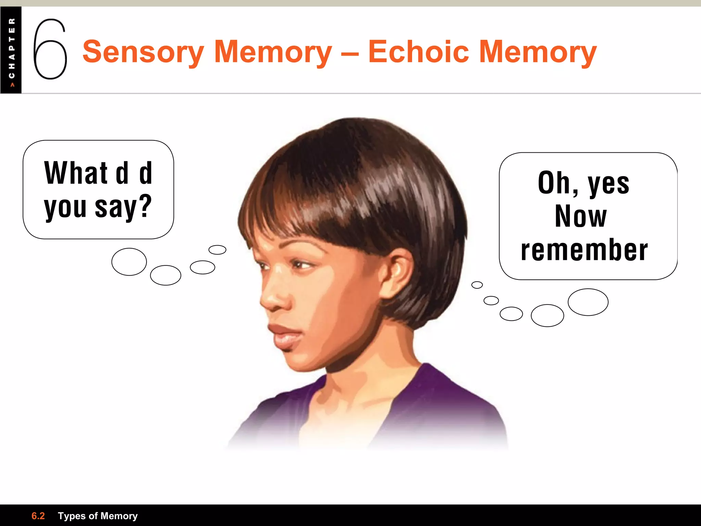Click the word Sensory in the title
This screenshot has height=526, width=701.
(143, 52)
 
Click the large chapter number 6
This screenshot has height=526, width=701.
(50, 49)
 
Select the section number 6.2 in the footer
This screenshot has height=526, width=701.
(38, 516)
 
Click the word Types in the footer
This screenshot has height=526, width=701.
(71, 516)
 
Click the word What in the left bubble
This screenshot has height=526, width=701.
(76, 173)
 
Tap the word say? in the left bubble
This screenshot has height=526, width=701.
(123, 206)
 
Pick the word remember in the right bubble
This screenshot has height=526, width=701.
(584, 250)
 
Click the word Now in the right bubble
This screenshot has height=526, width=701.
(581, 216)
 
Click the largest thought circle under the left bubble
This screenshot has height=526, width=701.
(129, 262)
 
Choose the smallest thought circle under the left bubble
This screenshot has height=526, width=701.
(217, 250)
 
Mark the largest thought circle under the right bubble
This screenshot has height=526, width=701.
(588, 302)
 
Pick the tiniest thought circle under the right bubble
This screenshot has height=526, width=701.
(477, 285)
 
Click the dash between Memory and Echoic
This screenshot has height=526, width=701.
(350, 53)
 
